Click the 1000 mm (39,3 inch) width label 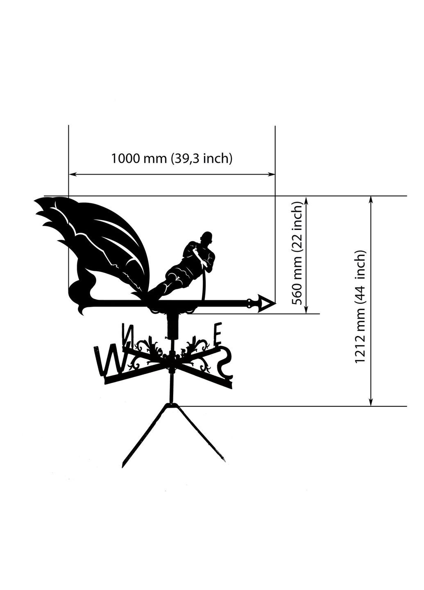point(172,159)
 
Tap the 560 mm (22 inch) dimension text point(297,253)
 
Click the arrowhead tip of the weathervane point(276,304)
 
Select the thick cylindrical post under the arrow point(173,326)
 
